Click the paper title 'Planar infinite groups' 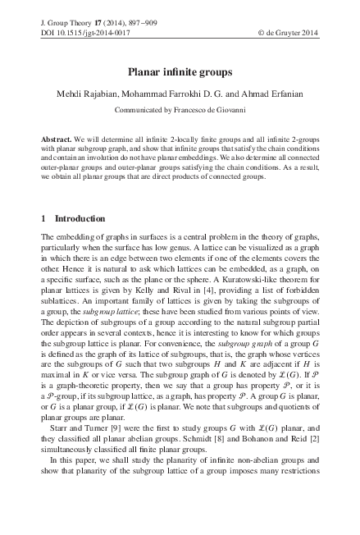click(179, 72)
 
